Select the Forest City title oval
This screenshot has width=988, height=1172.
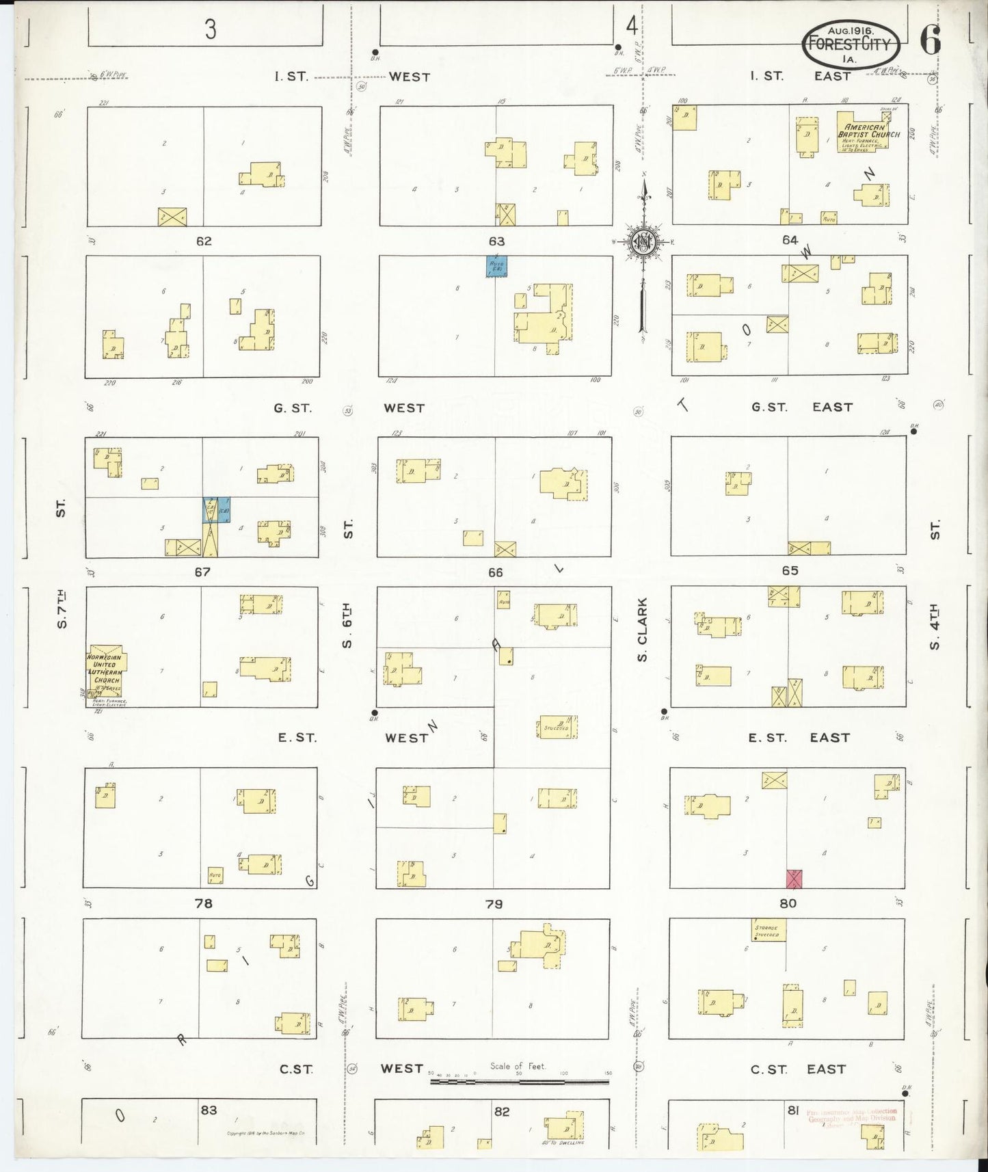pos(850,44)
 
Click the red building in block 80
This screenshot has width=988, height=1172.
pos(793,879)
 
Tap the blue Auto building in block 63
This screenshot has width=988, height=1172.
pos(496,266)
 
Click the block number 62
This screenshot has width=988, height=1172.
pos(204,241)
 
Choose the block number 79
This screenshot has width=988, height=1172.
pos(494,904)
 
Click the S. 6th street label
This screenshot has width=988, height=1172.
pos(347,626)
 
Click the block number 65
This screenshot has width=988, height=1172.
pos(790,570)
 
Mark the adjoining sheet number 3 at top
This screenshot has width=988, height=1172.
pos(210,29)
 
